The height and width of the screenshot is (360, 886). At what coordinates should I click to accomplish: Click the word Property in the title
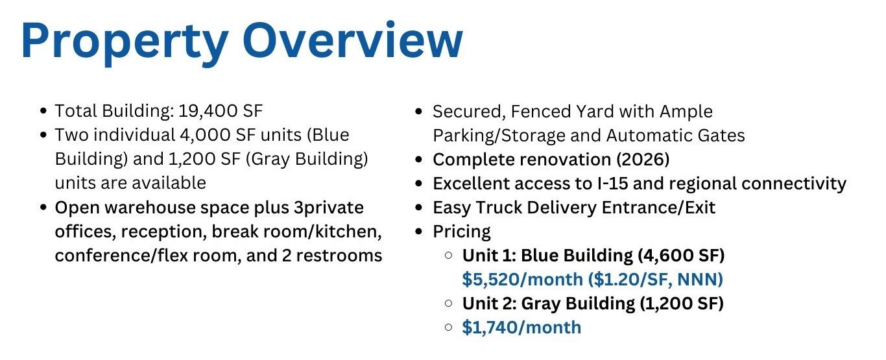click(123, 42)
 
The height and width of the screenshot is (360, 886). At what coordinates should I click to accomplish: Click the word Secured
click(468, 112)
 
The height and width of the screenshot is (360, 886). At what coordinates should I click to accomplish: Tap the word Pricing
click(462, 232)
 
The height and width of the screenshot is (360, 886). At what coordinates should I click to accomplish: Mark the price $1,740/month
click(521, 328)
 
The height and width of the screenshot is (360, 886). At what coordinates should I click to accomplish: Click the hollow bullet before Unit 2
click(449, 304)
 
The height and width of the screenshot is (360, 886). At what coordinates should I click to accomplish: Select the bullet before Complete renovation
click(420, 160)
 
